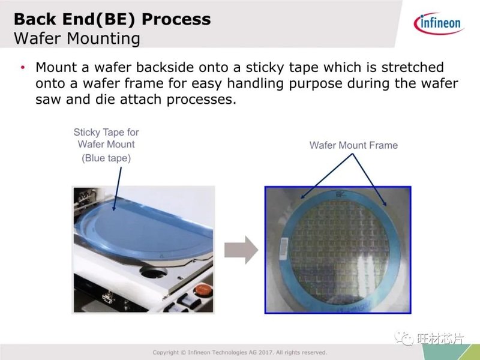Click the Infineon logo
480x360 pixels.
pyautogui.click(x=439, y=23)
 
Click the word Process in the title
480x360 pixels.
pyautogui.click(x=176, y=19)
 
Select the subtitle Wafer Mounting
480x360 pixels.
pyautogui.click(x=77, y=39)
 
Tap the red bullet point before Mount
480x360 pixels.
pyautogui.click(x=23, y=67)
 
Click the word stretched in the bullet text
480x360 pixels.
pyautogui.click(x=412, y=67)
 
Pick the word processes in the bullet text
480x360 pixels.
pyautogui.click(x=202, y=100)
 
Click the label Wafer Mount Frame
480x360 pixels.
pyautogui.click(x=353, y=145)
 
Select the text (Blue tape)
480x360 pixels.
pyautogui.click(x=106, y=158)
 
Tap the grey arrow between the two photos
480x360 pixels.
pyautogui.click(x=241, y=250)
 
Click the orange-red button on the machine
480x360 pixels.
pyautogui.click(x=203, y=290)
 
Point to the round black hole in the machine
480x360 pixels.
pyautogui.click(x=153, y=272)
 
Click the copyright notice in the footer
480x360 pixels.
pyautogui.click(x=239, y=352)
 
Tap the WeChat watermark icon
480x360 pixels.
pyautogui.click(x=404, y=338)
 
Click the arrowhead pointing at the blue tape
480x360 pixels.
pyautogui.click(x=114, y=208)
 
